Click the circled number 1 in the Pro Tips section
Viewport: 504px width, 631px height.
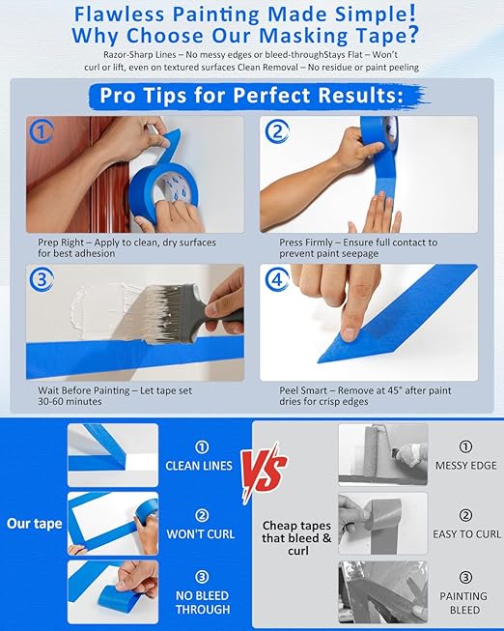[x=41, y=131]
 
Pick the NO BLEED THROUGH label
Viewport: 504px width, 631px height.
[x=202, y=601]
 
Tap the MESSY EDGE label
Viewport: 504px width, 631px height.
[x=465, y=465]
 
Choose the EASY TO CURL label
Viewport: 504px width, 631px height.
[x=465, y=533]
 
